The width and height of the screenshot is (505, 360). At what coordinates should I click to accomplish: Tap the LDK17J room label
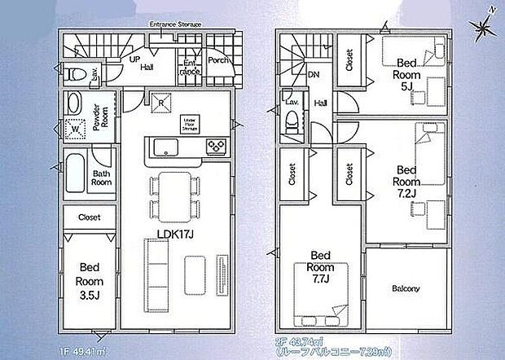click(x=173, y=235)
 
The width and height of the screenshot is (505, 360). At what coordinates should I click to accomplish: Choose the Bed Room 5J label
click(x=406, y=70)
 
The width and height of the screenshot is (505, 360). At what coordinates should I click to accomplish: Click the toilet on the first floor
click(x=77, y=74)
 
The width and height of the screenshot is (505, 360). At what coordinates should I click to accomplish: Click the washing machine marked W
click(x=76, y=128)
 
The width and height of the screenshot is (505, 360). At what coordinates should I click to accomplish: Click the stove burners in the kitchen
click(x=216, y=147)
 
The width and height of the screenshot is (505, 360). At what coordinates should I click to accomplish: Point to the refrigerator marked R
click(x=162, y=102)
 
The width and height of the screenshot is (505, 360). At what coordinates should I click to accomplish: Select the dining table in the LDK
click(x=173, y=196)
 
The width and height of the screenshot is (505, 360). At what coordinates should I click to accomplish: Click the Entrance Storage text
click(x=175, y=24)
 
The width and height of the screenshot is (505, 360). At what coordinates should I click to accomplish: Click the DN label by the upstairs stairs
click(x=314, y=75)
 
